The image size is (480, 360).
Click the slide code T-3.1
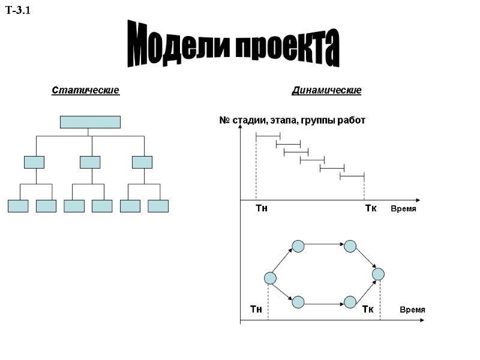[x=18, y=10]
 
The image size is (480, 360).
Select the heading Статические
[x=85, y=91]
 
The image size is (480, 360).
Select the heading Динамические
[x=326, y=91]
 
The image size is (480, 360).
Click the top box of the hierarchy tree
[x=90, y=122]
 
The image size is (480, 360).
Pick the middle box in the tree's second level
[x=90, y=162]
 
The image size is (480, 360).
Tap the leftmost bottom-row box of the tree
[x=18, y=206]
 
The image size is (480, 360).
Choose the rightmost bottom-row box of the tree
[x=158, y=206]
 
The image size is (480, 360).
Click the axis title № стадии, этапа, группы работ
[x=292, y=121]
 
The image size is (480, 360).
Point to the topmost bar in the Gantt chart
[x=268, y=137]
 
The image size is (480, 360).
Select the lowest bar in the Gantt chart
[x=352, y=176]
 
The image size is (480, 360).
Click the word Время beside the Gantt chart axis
[x=403, y=209]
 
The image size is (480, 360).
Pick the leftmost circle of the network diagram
[x=270, y=278]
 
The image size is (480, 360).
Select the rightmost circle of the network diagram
[x=378, y=274]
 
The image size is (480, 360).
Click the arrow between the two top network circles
[x=324, y=245]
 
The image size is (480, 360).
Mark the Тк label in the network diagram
[x=368, y=309]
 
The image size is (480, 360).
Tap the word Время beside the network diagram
[x=412, y=310]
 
